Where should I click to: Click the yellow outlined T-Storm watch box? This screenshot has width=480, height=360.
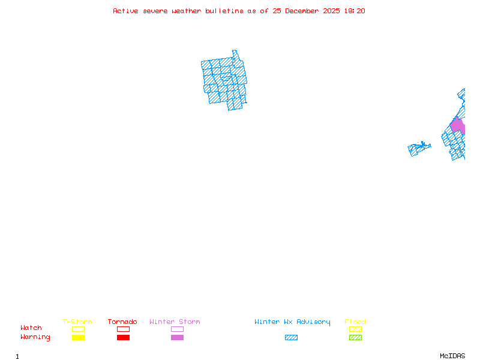point(78,329)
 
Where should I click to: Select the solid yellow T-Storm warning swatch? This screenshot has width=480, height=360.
point(78,337)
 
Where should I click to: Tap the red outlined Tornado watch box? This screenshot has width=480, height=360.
point(123,329)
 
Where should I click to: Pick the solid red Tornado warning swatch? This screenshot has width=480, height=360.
point(123,337)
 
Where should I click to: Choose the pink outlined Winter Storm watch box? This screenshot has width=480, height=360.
point(177,329)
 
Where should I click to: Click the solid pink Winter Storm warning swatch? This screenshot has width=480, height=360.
point(177,337)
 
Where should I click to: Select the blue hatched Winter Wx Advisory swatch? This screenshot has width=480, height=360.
point(291,337)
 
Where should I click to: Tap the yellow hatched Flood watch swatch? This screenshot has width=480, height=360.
point(355,329)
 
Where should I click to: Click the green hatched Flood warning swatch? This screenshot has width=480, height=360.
point(355,337)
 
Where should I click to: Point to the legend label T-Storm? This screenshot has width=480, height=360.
point(77,322)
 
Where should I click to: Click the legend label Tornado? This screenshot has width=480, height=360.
point(122,322)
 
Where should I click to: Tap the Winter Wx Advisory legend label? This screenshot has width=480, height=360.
point(292,322)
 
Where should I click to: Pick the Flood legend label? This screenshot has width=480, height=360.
point(355,322)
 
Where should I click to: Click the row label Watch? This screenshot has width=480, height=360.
point(31,328)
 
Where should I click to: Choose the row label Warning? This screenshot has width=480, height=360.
point(35,337)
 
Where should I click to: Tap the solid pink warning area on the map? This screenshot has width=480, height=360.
point(458,126)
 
